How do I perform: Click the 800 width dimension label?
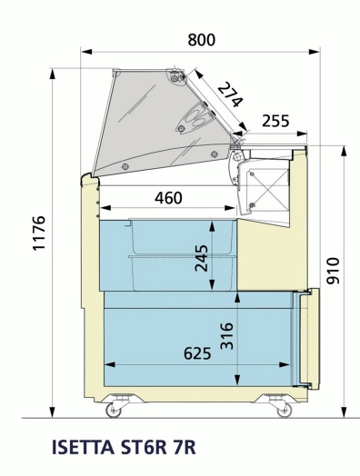click(202, 40)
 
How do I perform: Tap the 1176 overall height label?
click(39, 233)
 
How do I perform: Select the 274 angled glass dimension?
click(231, 94)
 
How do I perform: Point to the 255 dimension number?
click(275, 121)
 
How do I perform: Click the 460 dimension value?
click(168, 198)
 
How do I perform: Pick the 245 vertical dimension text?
click(202, 258)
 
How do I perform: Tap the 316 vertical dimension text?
click(227, 336)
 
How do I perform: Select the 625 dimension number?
click(197, 353)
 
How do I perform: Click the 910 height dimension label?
click(333, 271)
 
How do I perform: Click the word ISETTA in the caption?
click(83, 447)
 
